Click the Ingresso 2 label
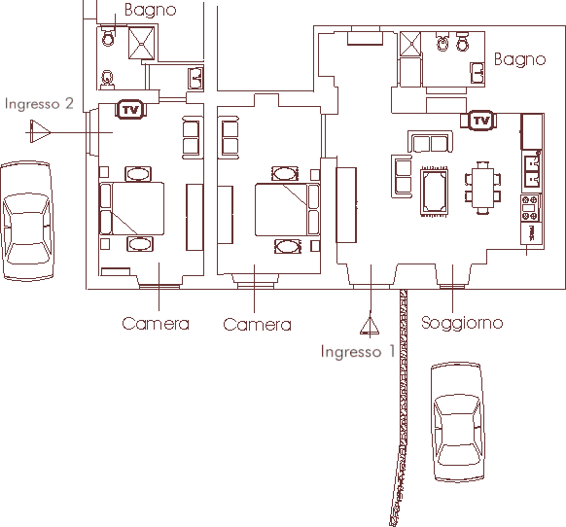39,104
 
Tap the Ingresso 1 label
358,352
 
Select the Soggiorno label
462,323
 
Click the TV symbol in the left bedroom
130,109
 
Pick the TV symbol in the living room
481,121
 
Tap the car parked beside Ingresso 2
27,221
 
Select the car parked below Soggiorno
458,422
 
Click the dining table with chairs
482,188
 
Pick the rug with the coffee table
435,192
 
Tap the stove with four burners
530,207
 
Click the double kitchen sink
531,171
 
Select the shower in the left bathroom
142,44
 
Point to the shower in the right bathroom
410,45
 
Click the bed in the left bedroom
131,209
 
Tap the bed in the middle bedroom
287,209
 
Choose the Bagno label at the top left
151,10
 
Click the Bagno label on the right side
519,59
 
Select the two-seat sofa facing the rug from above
430,142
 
